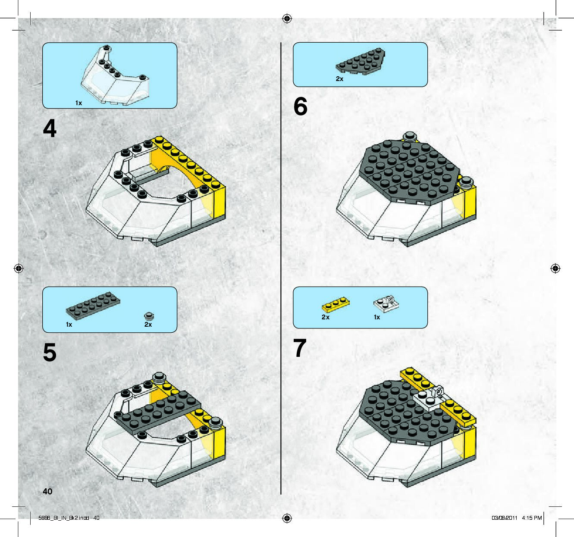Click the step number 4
point(50,128)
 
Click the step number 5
point(50,353)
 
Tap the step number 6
point(300,106)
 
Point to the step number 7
point(300,348)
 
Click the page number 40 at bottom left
point(47,491)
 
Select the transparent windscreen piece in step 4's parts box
point(115,75)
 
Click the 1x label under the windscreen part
point(78,103)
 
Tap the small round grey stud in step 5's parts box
point(149,316)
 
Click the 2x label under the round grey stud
point(148,325)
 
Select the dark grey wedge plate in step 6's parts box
point(361,61)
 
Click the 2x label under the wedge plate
point(339,78)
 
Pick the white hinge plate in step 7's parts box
point(386,304)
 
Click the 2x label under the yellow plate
point(326,317)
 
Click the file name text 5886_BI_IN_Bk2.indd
point(63,518)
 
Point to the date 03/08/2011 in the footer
point(504,518)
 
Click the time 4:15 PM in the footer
point(532,518)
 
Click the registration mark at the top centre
point(287,19)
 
